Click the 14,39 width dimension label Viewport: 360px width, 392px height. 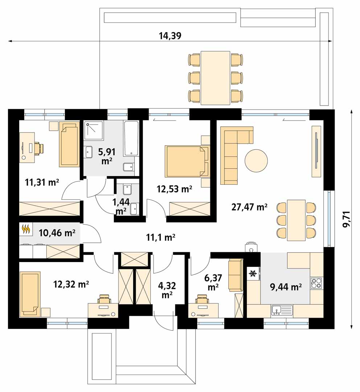pyautogui.click(x=170, y=36)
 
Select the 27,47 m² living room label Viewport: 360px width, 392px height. pyautogui.click(x=249, y=207)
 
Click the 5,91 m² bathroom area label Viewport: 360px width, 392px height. pyautogui.click(x=106, y=156)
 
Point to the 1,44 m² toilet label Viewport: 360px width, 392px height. pyautogui.click(x=121, y=206)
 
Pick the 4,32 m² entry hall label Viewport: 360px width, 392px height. pyautogui.click(x=167, y=290)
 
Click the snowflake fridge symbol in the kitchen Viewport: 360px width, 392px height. pyautogui.click(x=253, y=274)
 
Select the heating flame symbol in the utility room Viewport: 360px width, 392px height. pyautogui.click(x=26, y=229)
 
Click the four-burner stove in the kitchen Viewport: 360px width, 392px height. pyautogui.click(x=316, y=283)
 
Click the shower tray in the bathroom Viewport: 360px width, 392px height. pyautogui.click(x=94, y=130)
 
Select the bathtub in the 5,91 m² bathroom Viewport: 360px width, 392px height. pyautogui.click(x=131, y=139)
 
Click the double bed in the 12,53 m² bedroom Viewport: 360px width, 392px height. pyautogui.click(x=187, y=161)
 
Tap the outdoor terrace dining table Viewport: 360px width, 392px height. pyautogui.click(x=216, y=78)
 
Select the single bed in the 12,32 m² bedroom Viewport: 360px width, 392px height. pyautogui.click(x=30, y=294)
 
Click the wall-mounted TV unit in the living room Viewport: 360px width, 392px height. pyautogui.click(x=316, y=151)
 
